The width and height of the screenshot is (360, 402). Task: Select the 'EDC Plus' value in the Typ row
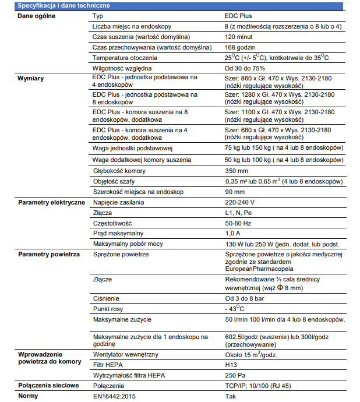point(239,16)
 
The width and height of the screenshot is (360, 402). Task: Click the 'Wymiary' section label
point(31,77)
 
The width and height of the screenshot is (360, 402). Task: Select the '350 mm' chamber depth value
point(237,171)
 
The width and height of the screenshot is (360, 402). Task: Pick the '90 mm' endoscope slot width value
point(235,192)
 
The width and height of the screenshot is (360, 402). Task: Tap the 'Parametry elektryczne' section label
point(51,202)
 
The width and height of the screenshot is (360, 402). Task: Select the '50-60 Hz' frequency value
point(239,223)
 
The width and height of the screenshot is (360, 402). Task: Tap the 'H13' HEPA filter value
point(231,365)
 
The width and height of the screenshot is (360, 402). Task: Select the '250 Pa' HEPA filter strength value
point(235,375)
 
